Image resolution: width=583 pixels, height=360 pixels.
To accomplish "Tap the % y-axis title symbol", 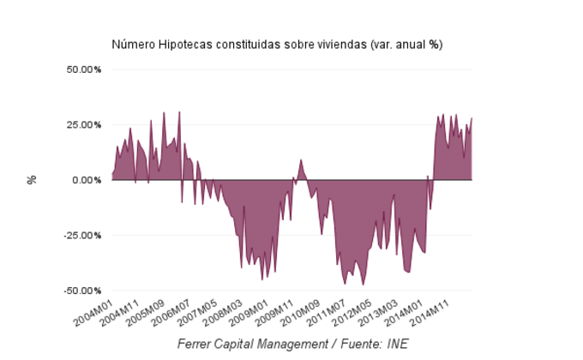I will coord(32,180).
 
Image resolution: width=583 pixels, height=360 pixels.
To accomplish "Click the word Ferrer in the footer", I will coord(198,344).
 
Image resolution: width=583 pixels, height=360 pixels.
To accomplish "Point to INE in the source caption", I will coord(396,344).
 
